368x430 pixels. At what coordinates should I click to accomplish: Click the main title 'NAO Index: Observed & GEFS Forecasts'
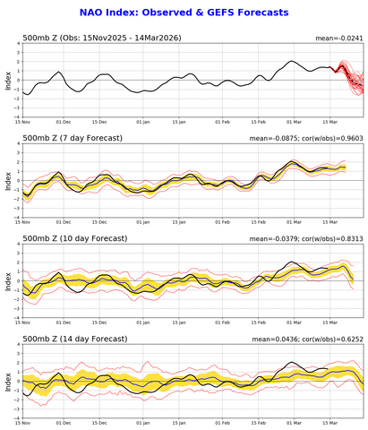click(x=184, y=13)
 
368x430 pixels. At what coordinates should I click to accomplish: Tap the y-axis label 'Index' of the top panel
click(x=7, y=82)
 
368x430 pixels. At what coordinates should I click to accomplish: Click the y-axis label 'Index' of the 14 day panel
click(x=7, y=380)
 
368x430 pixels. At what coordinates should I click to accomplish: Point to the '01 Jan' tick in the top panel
click(x=143, y=123)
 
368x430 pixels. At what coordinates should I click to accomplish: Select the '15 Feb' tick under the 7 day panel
click(x=260, y=222)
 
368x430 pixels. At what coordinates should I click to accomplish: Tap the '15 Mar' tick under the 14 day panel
click(x=331, y=421)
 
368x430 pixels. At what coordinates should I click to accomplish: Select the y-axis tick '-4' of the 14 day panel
click(x=17, y=415)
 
